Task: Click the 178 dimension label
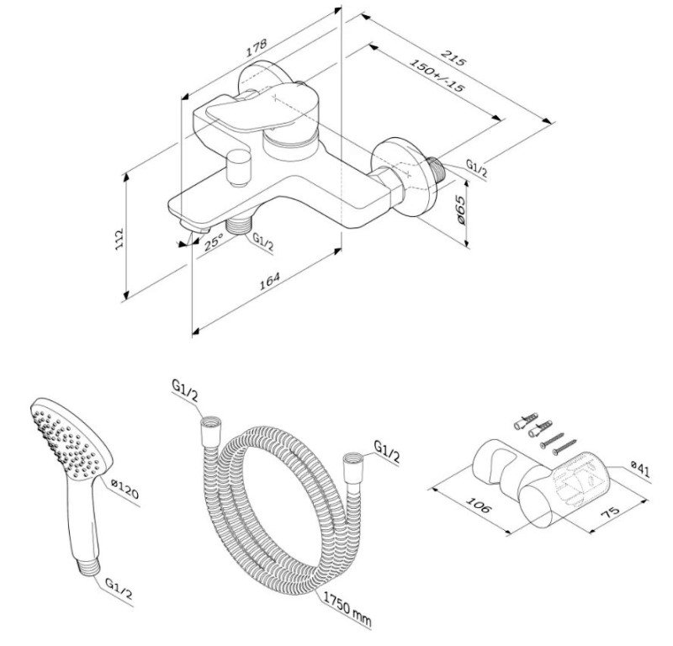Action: (x=257, y=48)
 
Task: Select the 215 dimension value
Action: (x=453, y=58)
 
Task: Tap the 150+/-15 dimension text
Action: (x=437, y=75)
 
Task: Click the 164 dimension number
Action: (x=269, y=281)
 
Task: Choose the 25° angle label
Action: (x=214, y=241)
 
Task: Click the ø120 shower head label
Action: (x=125, y=490)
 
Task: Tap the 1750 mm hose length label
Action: (x=347, y=609)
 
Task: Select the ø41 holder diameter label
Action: (x=640, y=469)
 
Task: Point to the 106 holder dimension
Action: (x=478, y=506)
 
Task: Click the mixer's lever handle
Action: (x=262, y=107)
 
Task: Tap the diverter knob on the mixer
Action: (x=239, y=167)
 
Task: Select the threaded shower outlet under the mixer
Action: (x=239, y=225)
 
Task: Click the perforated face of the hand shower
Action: (x=69, y=442)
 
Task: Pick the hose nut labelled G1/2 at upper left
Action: (x=210, y=432)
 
